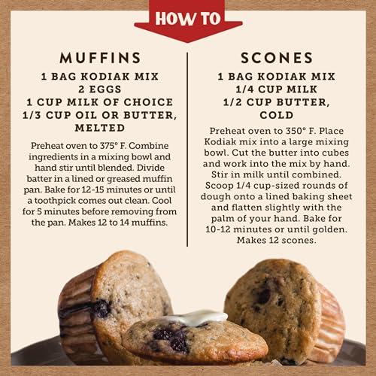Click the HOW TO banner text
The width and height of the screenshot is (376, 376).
pos(187,17)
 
